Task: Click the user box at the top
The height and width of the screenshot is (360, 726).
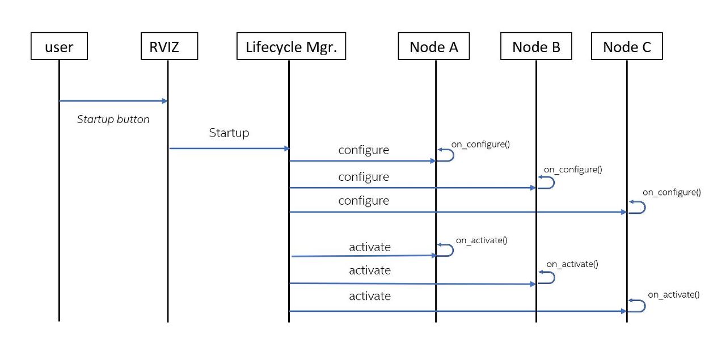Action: point(59,46)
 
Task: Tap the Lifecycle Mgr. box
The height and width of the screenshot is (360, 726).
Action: point(291,46)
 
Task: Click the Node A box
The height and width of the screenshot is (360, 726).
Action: point(434,46)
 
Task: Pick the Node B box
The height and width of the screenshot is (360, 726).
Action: point(536,46)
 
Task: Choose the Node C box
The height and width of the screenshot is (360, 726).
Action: point(626,46)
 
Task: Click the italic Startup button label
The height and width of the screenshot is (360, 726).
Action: point(113,120)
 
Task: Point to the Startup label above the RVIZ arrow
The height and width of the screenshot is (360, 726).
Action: point(229,133)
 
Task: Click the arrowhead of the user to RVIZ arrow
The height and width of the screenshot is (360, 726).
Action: point(164,101)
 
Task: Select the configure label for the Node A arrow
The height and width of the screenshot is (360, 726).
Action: point(364,150)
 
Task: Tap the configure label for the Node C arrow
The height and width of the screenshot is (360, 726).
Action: point(364,201)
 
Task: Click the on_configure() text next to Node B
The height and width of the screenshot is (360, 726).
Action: point(573,169)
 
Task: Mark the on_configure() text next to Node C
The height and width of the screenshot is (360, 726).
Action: point(672,192)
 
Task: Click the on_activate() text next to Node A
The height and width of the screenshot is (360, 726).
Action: point(482,240)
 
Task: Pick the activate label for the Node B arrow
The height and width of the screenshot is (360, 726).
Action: point(370,270)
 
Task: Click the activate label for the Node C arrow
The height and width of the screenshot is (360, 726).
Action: point(370,296)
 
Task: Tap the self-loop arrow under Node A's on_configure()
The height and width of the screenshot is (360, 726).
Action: point(447,155)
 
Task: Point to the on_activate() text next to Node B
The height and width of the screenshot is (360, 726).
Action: point(572,264)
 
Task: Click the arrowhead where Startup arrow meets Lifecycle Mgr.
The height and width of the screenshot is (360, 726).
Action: point(286,149)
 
